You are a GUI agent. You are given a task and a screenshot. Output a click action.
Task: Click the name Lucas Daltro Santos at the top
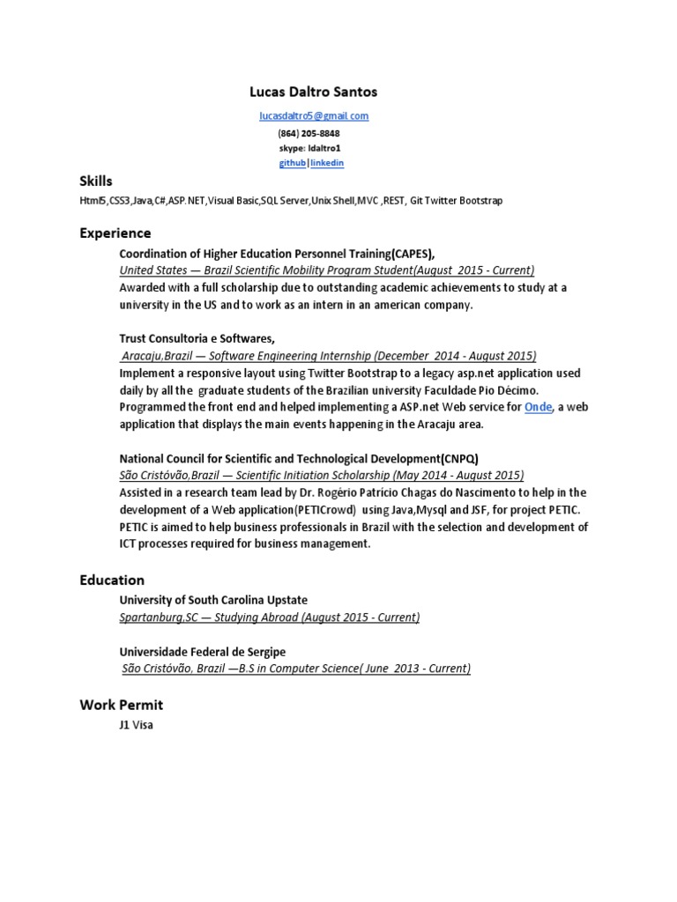pyautogui.click(x=314, y=92)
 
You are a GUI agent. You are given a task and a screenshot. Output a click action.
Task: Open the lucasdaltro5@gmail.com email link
pyautogui.click(x=314, y=115)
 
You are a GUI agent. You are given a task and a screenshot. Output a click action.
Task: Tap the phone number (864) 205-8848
pyautogui.click(x=309, y=133)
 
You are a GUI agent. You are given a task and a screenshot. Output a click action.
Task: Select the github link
pyautogui.click(x=293, y=164)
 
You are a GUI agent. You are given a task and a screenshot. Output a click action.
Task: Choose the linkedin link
pyautogui.click(x=326, y=164)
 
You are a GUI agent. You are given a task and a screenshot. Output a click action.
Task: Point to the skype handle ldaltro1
pyautogui.click(x=324, y=148)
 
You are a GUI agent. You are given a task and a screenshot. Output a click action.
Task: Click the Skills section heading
pyautogui.click(x=96, y=181)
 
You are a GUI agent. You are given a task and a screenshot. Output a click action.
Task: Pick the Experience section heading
pyautogui.click(x=115, y=233)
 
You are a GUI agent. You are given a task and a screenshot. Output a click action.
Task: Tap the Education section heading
pyautogui.click(x=112, y=580)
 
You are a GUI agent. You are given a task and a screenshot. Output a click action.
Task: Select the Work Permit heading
pyautogui.click(x=121, y=705)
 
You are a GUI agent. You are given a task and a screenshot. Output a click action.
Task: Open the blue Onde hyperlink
pyautogui.click(x=538, y=407)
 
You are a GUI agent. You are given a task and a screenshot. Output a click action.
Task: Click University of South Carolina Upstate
pyautogui.click(x=213, y=600)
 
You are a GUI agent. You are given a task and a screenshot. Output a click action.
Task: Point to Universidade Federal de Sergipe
pyautogui.click(x=203, y=651)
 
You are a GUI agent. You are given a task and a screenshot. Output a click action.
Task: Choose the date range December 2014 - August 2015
pyautogui.click(x=455, y=356)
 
